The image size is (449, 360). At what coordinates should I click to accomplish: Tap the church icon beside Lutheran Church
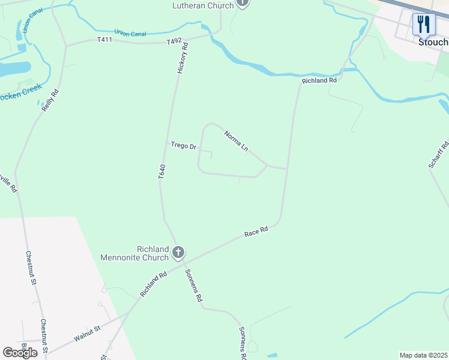coord(242,2)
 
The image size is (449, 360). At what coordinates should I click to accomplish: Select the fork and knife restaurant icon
coord(424,24)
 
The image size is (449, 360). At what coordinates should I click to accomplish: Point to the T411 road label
coord(105,40)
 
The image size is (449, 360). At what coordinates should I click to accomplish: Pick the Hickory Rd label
coord(182,58)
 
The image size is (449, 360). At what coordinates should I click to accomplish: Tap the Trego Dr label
coord(183,146)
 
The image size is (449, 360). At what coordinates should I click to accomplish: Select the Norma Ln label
coord(236,140)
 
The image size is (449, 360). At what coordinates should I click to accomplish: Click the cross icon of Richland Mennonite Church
coord(178,253)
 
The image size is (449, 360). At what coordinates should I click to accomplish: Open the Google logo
coord(20,353)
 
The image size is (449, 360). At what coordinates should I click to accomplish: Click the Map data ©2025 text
coord(423,355)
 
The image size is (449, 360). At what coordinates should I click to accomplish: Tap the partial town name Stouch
coord(433,43)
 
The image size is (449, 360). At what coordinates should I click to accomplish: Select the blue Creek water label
coord(21,92)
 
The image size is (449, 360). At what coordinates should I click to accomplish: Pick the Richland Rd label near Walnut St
coord(152,284)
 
